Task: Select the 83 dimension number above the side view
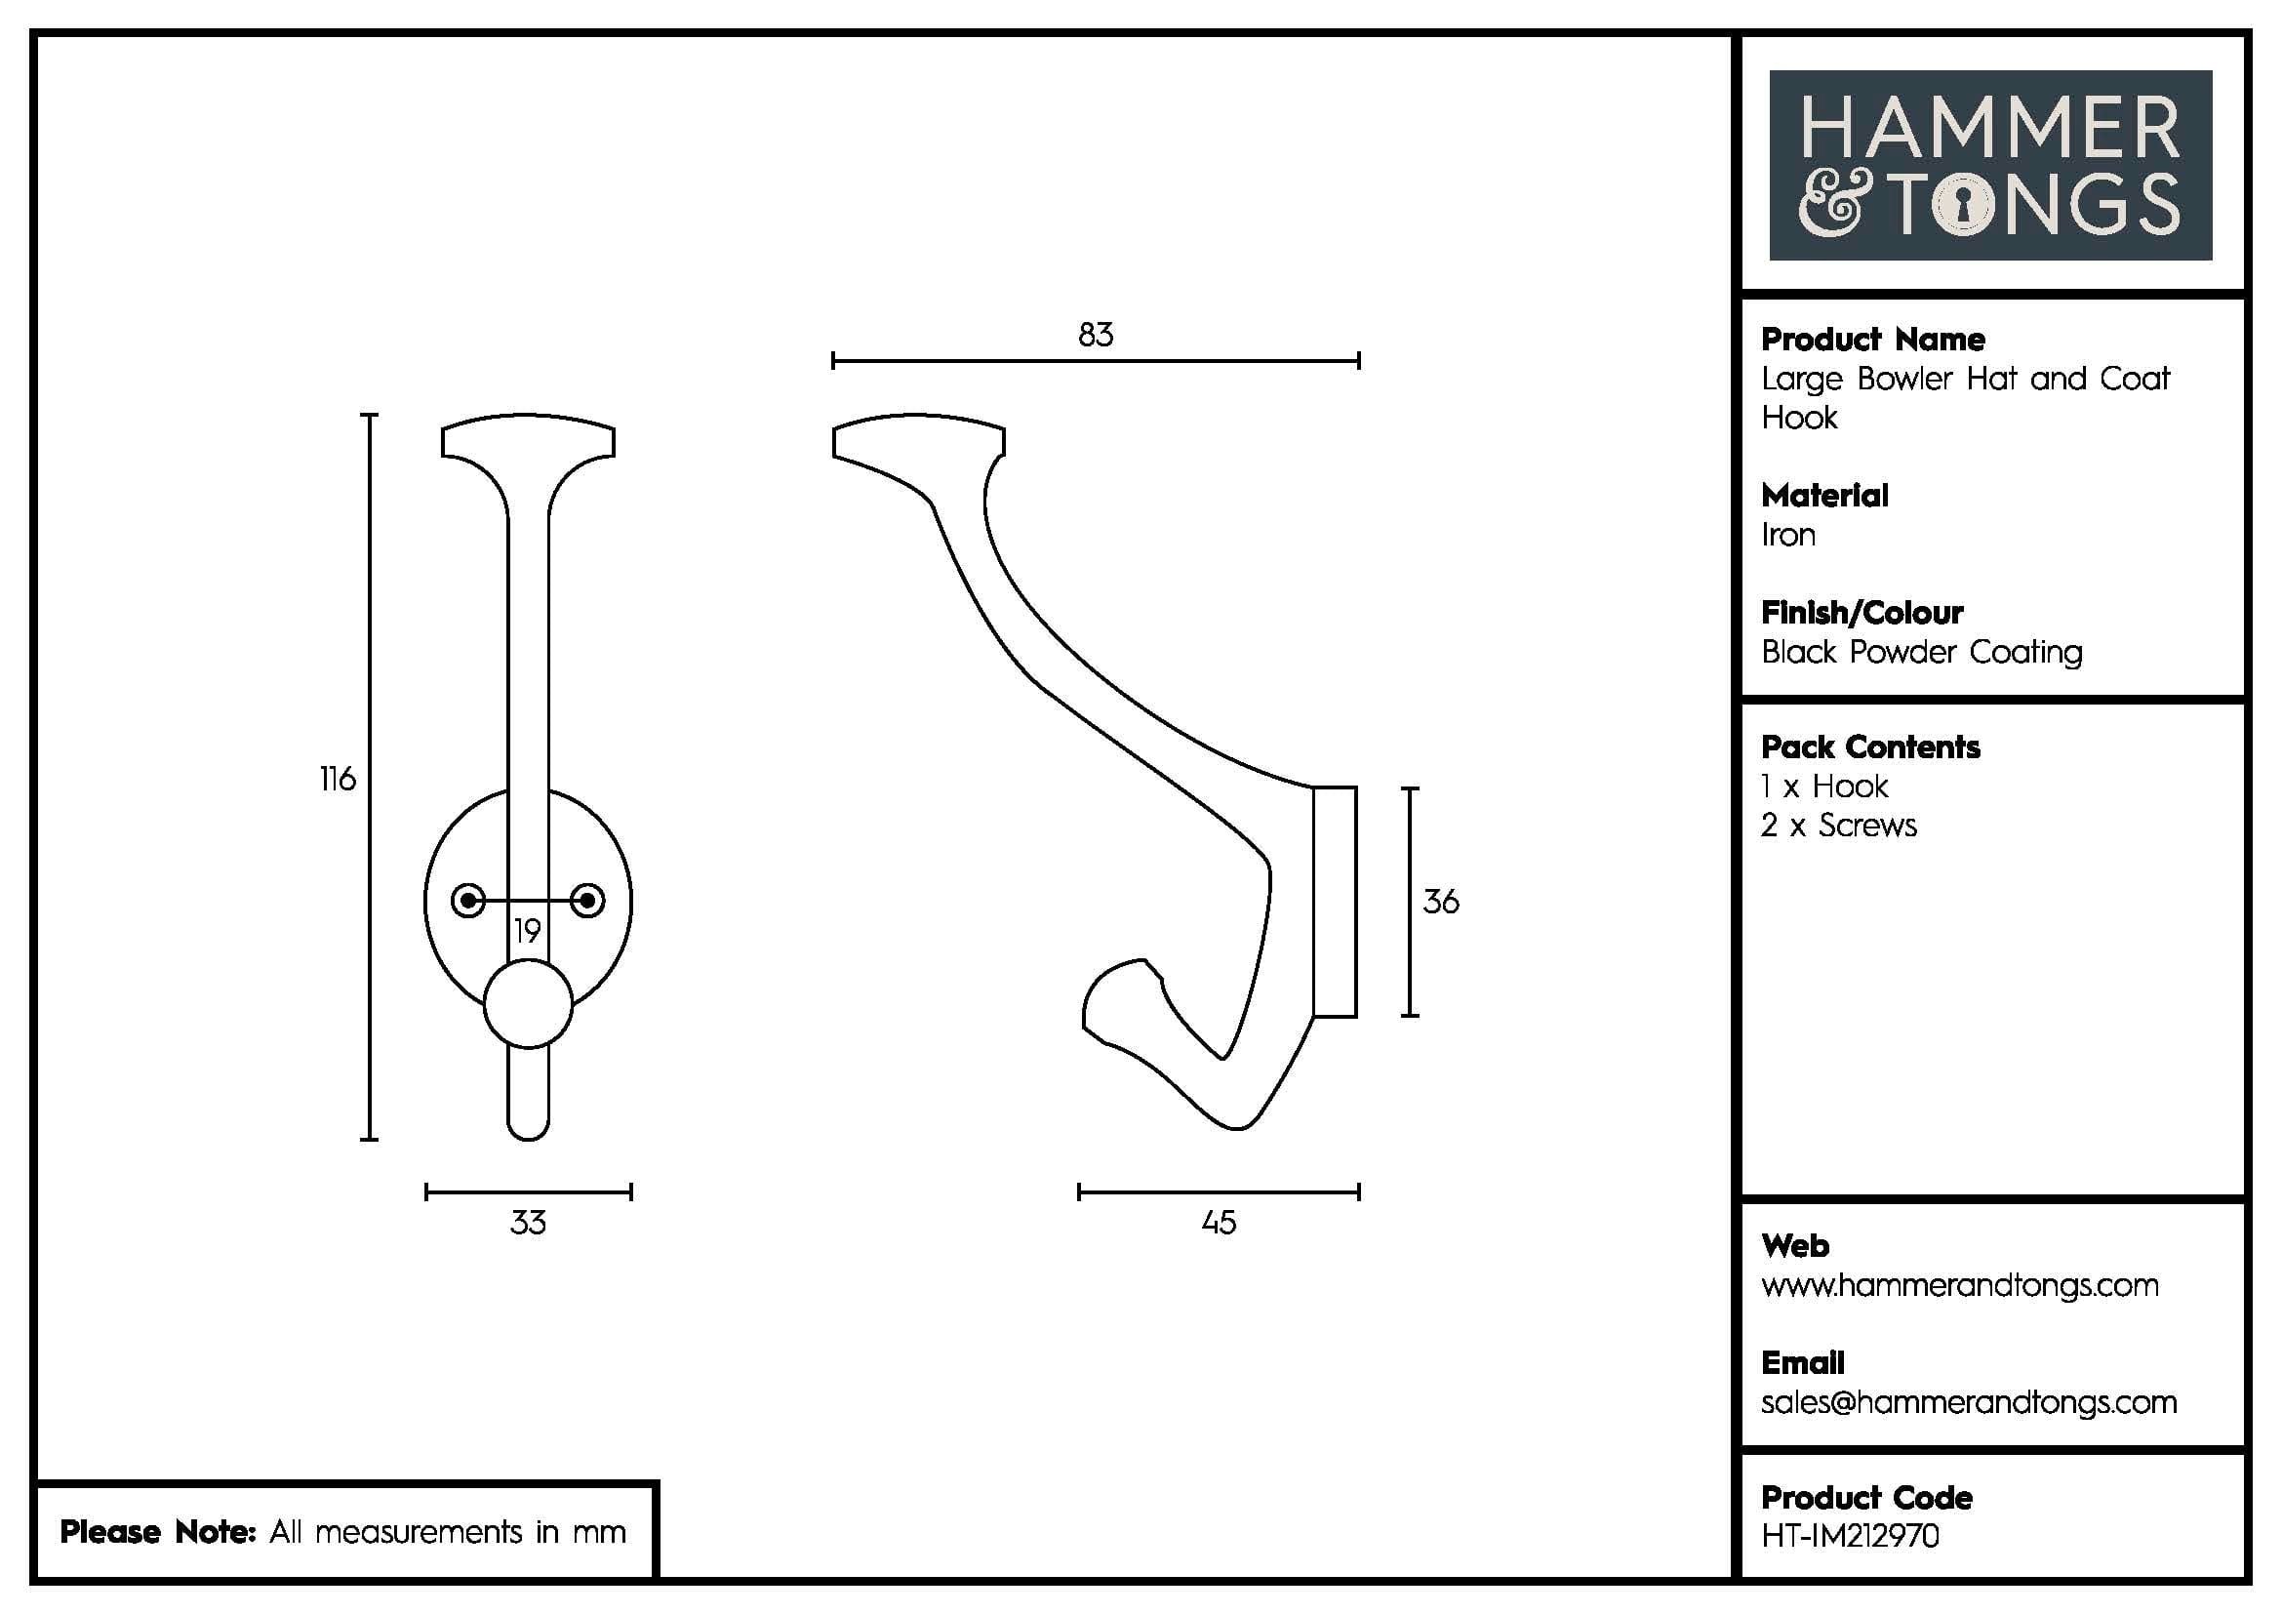point(1096,335)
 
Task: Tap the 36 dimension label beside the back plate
point(1440,902)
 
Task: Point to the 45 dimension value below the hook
point(1219,1222)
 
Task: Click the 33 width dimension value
point(528,1222)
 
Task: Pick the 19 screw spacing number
point(527,931)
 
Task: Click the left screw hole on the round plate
point(468,901)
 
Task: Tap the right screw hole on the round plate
point(587,901)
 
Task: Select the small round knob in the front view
point(528,1004)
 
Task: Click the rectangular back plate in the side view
point(1335,902)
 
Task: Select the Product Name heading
point(1872,340)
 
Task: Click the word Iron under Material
point(1788,536)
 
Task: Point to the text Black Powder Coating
point(1921,653)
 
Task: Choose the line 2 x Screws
point(1838,826)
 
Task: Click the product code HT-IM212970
point(1850,1536)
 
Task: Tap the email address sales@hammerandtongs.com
point(1968,1402)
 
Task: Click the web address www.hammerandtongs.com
point(1959,1285)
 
